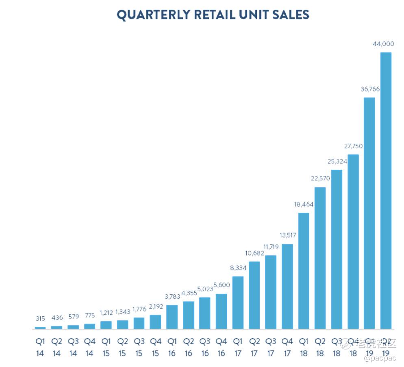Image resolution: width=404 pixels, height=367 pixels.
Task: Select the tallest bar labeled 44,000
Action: [385, 190]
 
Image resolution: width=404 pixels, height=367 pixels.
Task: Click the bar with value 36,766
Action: [369, 213]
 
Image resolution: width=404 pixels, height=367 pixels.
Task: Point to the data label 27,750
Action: [353, 146]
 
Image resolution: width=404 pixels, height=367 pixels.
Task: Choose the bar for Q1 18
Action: [304, 270]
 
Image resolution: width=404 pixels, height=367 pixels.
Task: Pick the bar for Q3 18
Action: [337, 249]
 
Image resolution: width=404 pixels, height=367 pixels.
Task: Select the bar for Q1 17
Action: [238, 302]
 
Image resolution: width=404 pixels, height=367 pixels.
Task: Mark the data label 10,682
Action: [254, 253]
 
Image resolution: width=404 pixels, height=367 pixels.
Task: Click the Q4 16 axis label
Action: [222, 347]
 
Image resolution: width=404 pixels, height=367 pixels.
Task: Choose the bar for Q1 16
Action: [172, 317]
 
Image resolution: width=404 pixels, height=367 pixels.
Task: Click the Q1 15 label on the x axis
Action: [106, 347]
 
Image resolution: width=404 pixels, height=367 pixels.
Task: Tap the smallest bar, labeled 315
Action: [40, 328]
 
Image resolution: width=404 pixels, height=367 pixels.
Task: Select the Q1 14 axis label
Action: [40, 347]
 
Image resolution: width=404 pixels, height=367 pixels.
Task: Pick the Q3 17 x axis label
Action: [271, 347]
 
